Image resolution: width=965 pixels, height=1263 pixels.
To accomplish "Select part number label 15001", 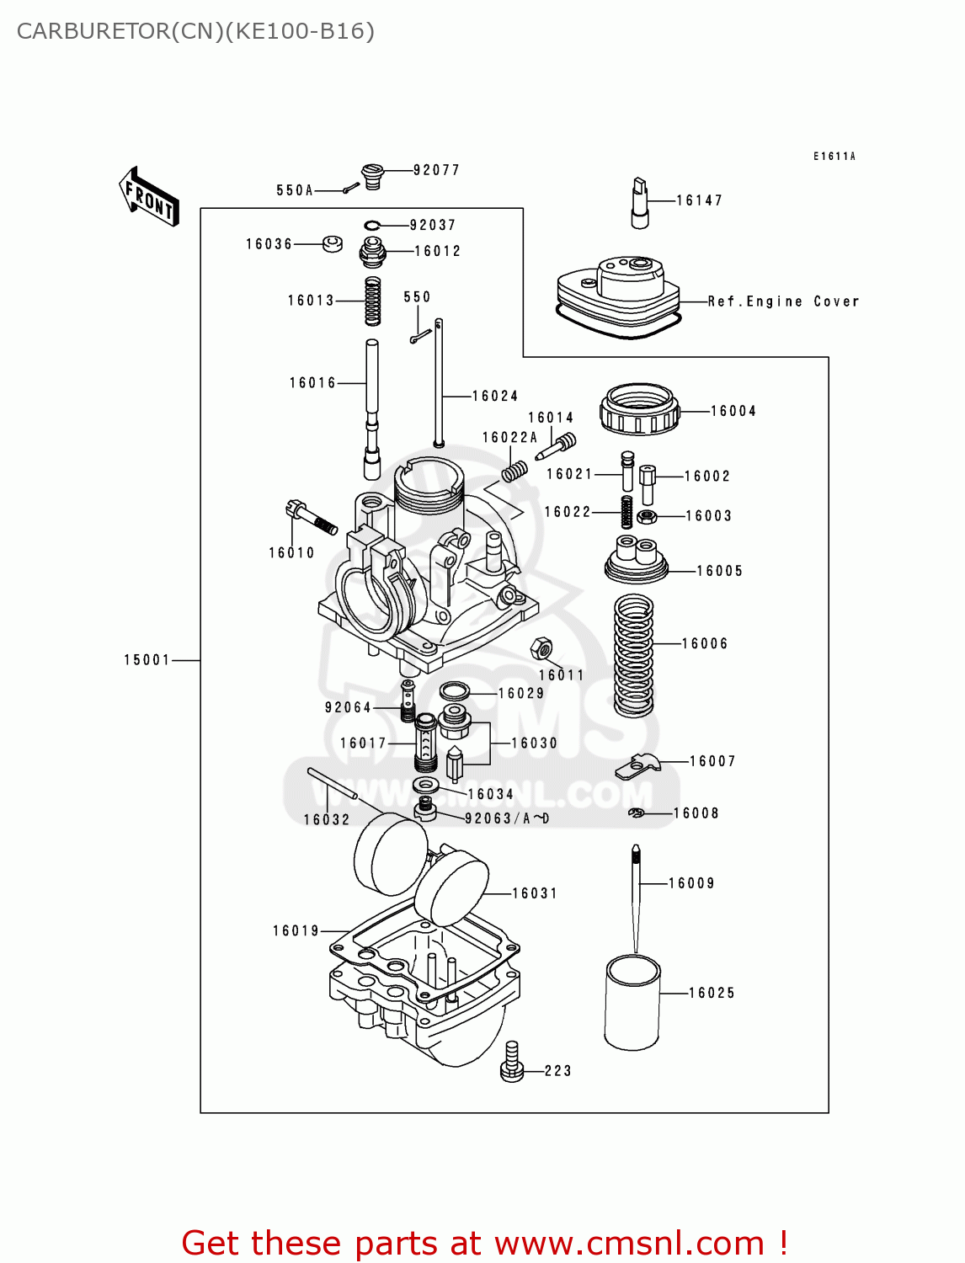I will point(147,660).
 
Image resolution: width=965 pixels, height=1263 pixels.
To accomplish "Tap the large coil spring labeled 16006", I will point(634,655).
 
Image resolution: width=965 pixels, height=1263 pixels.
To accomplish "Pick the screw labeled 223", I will point(512,1063).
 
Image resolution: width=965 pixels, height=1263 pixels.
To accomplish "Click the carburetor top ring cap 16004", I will point(639,409).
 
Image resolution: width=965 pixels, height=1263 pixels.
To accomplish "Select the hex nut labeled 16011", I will point(541,649).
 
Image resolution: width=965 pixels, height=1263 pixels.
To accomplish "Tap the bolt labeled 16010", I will point(311,516).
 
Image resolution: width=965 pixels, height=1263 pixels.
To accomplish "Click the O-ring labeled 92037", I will point(373,225).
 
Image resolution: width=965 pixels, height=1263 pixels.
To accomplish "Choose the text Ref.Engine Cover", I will point(783,301).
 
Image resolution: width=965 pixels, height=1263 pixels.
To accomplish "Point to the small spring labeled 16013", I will point(372,301).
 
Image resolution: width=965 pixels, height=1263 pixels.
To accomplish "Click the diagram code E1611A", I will point(834,157).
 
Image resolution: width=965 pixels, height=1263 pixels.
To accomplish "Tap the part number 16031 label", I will point(535,893).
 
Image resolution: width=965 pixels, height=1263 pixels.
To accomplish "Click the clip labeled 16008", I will point(637,813).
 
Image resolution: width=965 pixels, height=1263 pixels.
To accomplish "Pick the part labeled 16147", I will point(640,203).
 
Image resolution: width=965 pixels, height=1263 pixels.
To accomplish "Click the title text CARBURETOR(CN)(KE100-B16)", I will point(195,31).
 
